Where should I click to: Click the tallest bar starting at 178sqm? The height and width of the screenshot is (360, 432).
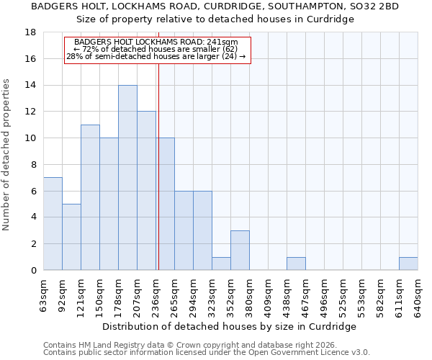click(127, 178)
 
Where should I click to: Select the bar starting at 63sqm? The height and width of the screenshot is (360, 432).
click(53, 224)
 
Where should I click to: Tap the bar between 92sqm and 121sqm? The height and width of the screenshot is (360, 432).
click(71, 237)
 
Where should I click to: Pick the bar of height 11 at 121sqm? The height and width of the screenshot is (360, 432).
click(90, 197)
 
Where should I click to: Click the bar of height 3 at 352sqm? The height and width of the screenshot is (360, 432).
click(240, 251)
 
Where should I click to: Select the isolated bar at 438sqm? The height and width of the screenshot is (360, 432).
click(296, 264)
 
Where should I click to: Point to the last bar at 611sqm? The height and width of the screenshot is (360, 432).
click(408, 264)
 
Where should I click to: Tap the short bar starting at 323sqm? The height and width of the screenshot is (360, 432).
click(221, 264)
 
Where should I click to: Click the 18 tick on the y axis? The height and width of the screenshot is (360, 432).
click(32, 32)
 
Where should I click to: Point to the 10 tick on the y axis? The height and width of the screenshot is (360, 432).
click(32, 138)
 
